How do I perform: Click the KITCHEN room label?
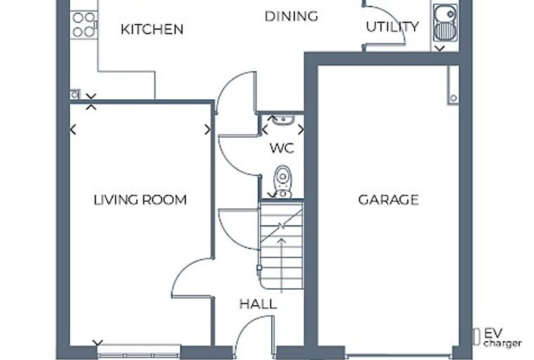click(x=152, y=30)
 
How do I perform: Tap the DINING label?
click(x=291, y=16)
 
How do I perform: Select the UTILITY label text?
click(x=392, y=27)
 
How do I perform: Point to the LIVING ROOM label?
click(x=140, y=200)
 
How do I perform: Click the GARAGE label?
click(x=389, y=200)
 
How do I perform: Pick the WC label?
click(x=282, y=148)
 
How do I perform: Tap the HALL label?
click(x=258, y=304)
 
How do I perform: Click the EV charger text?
click(x=502, y=337)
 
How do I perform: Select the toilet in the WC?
click(x=282, y=181)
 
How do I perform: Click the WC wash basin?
click(x=283, y=120)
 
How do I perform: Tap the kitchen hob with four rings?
click(x=84, y=24)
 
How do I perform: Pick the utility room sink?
click(x=445, y=22)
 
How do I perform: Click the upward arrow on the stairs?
click(x=281, y=265)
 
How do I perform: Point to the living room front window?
click(x=138, y=351)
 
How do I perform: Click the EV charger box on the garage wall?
click(x=476, y=337)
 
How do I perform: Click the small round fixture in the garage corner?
click(x=453, y=98)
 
